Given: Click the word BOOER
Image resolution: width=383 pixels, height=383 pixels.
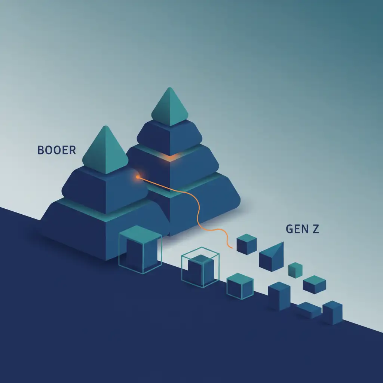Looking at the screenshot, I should click(56, 150).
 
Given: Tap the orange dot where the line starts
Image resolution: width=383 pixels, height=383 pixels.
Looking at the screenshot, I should click(138, 177).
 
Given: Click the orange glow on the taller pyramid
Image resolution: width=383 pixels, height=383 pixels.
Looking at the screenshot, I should click(169, 157).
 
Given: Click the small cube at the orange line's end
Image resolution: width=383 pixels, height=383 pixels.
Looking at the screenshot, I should click(246, 244).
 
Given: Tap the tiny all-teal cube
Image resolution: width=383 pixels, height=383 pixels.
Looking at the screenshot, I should click(295, 270).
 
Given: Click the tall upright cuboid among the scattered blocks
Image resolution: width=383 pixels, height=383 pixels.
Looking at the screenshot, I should click(279, 296).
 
